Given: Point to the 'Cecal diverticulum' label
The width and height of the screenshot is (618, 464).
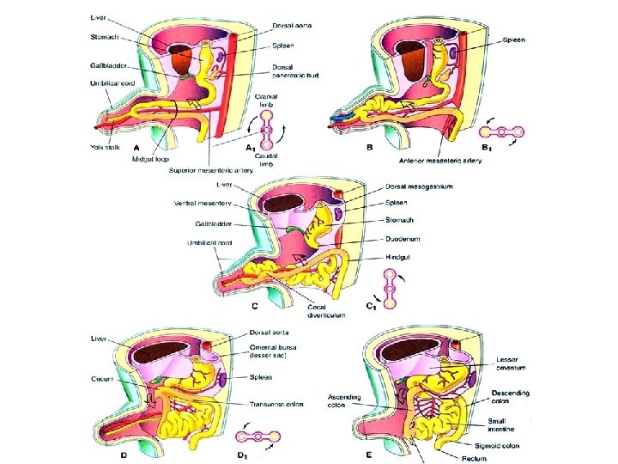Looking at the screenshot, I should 327,310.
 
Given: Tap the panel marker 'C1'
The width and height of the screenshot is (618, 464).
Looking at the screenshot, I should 372,306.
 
